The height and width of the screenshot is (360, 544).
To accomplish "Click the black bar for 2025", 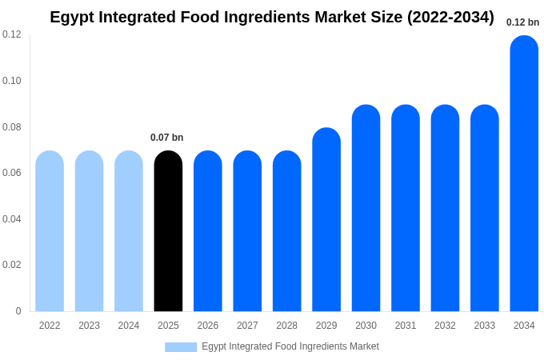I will pyautogui.click(x=168, y=231).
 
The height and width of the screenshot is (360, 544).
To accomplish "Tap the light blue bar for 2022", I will pyautogui.click(x=50, y=231).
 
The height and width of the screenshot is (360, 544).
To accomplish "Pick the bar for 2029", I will pyautogui.click(x=326, y=220).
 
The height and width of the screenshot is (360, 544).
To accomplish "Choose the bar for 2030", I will pyautogui.click(x=366, y=208).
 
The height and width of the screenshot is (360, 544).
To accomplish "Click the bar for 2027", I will pyautogui.click(x=247, y=231).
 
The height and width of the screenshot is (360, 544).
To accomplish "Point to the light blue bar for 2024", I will pyautogui.click(x=129, y=231).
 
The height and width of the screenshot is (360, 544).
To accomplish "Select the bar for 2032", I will pyautogui.click(x=445, y=208).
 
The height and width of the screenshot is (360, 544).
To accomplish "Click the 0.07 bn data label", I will pyautogui.click(x=166, y=138).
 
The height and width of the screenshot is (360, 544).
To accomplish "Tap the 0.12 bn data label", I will pyautogui.click(x=522, y=22).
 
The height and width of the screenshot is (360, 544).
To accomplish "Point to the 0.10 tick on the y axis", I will pyautogui.click(x=12, y=81).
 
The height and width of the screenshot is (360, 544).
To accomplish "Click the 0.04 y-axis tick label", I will pyautogui.click(x=12, y=219).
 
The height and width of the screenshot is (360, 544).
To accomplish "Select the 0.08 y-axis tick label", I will pyautogui.click(x=12, y=127).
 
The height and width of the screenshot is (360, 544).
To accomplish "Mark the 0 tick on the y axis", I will pyautogui.click(x=18, y=311).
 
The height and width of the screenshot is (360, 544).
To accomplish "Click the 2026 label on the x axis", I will pyautogui.click(x=208, y=326).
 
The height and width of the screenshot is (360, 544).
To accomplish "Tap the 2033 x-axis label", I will pyautogui.click(x=485, y=326).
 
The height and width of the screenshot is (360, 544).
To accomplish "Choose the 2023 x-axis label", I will pyautogui.click(x=89, y=326).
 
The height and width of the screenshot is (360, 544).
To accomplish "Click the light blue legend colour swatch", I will pyautogui.click(x=181, y=346).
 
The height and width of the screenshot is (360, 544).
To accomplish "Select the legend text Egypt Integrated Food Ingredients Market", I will pyautogui.click(x=290, y=346).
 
